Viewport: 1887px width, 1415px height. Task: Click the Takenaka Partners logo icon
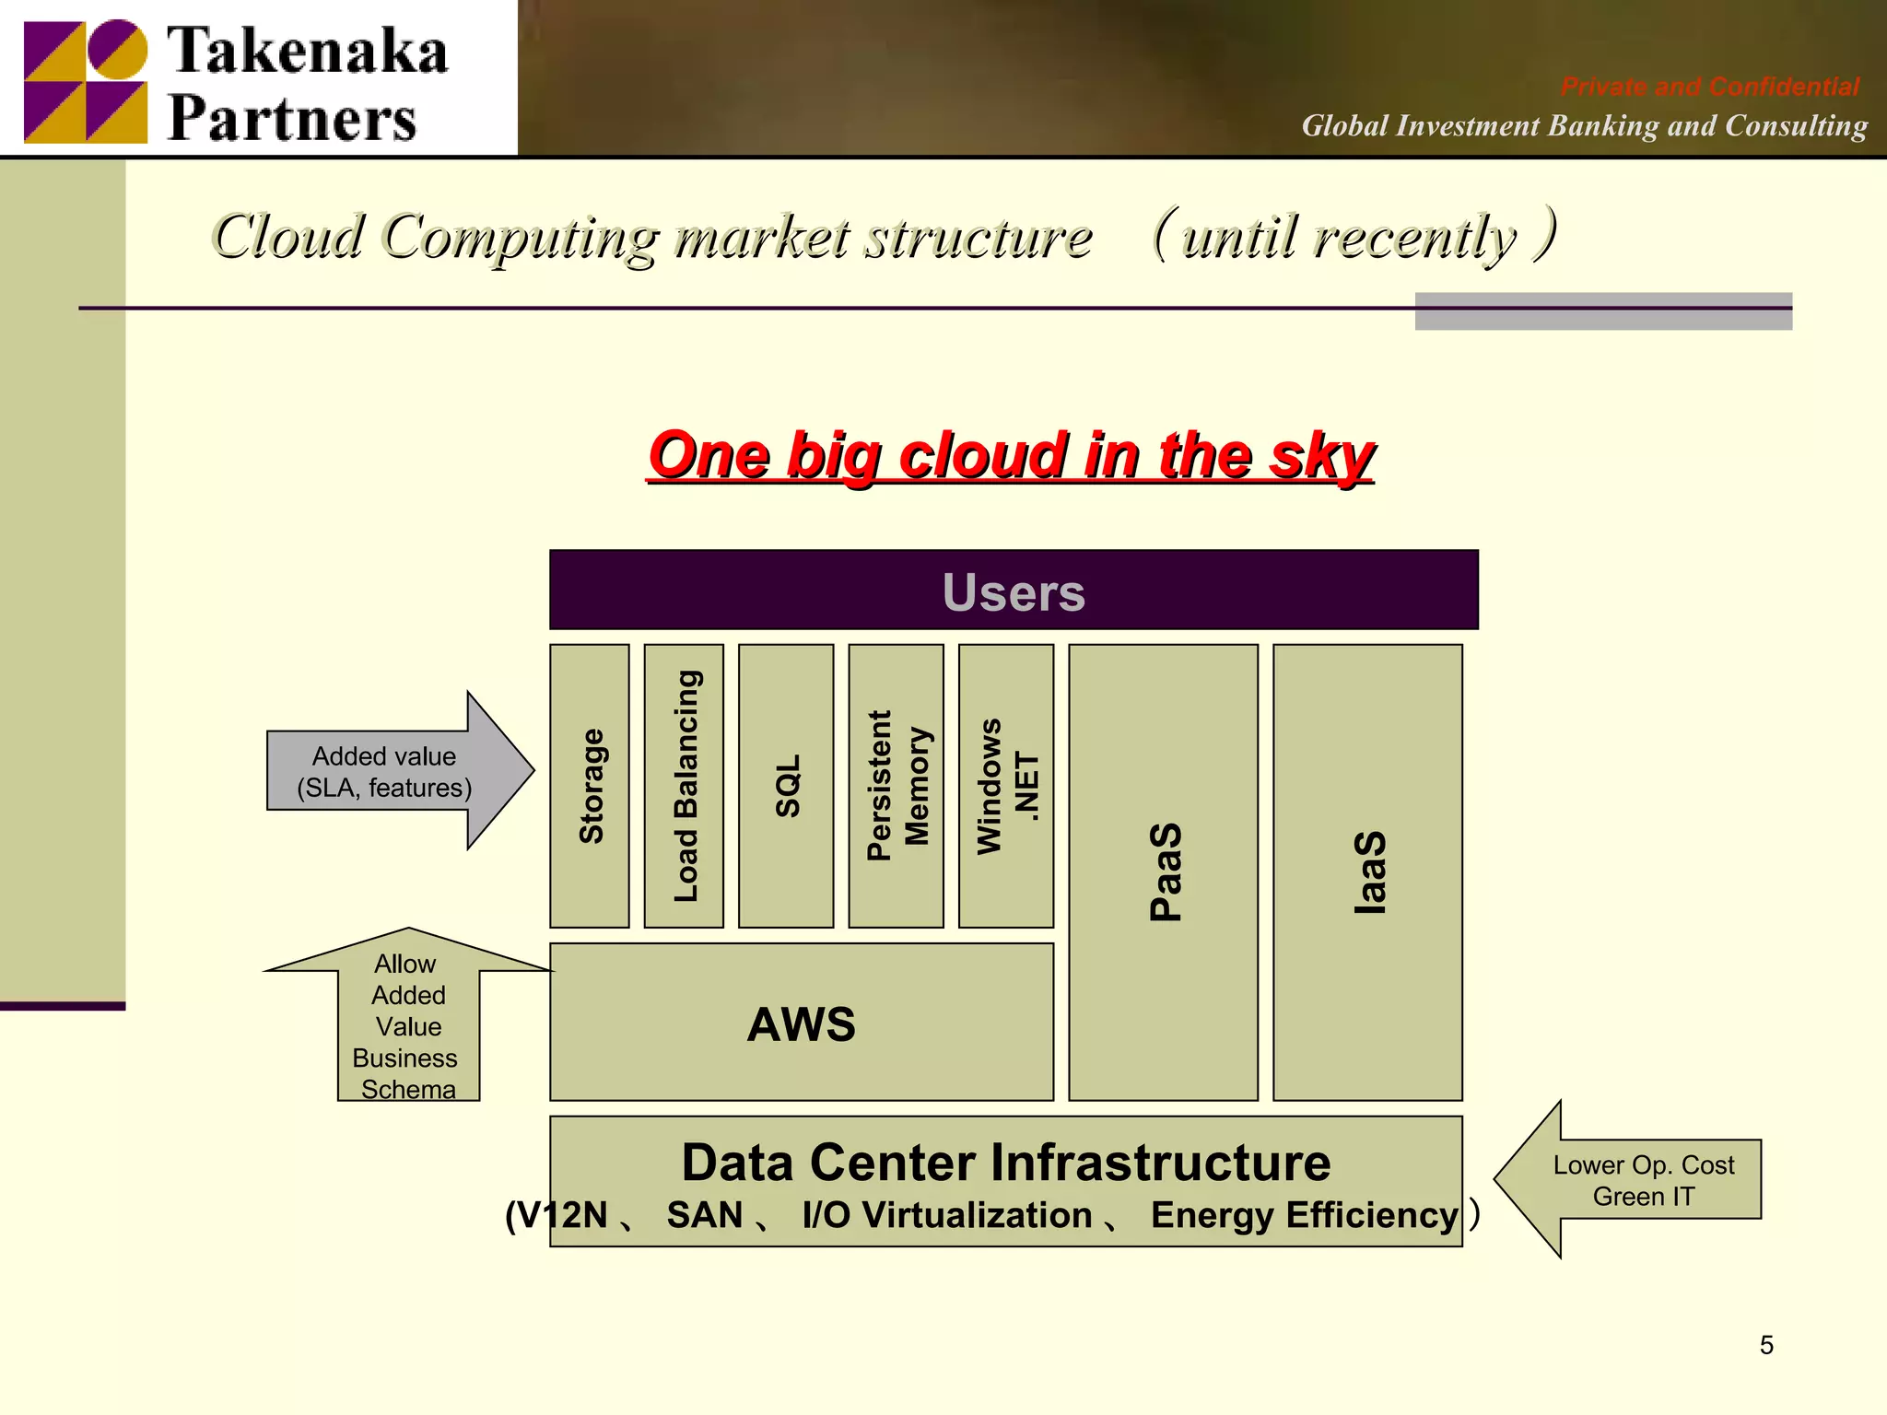pos(85,81)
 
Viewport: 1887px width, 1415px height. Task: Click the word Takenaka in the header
pos(308,51)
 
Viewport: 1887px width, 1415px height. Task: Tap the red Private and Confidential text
pos(1709,87)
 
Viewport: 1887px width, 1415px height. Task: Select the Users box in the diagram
pos(1014,591)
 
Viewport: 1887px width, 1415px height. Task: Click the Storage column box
pos(590,786)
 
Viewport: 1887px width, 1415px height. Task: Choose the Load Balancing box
pos(684,786)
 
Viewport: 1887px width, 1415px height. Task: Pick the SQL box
pos(786,786)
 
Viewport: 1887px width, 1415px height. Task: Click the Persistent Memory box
pos(896,786)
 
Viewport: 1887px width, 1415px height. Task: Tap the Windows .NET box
pos(1006,786)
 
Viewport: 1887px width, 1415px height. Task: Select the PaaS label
pos(1165,871)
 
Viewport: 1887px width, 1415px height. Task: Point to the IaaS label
pos(1369,871)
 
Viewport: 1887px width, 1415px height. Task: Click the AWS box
pos(801,1023)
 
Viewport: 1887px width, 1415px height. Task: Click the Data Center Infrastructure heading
pos(1005,1163)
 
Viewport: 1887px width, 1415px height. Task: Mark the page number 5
pos(1765,1345)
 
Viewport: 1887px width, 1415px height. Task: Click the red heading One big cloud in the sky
pos(1011,455)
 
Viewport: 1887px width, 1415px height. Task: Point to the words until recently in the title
pos(1350,238)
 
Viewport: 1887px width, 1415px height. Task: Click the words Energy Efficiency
pos(1303,1215)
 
